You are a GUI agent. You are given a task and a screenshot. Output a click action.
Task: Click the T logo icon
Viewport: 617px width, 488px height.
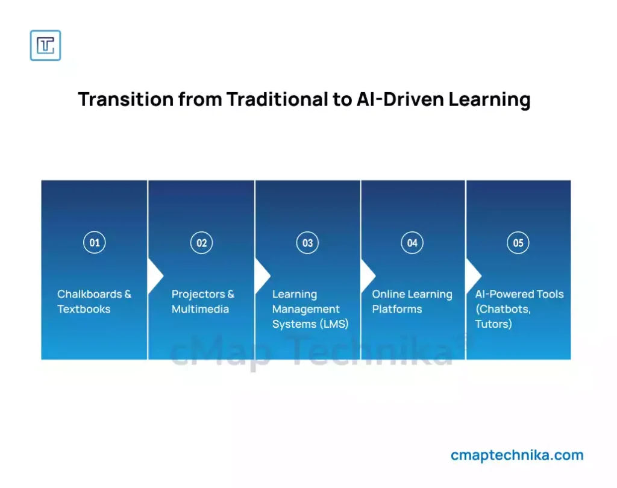pyautogui.click(x=45, y=45)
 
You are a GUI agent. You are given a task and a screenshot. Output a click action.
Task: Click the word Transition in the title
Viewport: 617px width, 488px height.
pyautogui.click(x=125, y=99)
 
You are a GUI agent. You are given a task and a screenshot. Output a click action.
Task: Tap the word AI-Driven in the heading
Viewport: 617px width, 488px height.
pyautogui.click(x=400, y=99)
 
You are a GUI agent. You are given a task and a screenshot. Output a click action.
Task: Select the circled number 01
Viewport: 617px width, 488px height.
pyautogui.click(x=95, y=242)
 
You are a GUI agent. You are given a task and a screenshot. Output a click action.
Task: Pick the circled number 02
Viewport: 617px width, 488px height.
pyautogui.click(x=201, y=243)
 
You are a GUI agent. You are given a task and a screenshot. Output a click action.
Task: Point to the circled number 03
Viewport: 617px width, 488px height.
pyautogui.click(x=307, y=243)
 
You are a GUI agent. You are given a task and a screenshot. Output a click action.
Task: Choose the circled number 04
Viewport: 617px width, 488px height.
pyautogui.click(x=412, y=243)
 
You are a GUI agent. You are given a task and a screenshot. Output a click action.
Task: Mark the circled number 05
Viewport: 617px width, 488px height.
pyautogui.click(x=518, y=243)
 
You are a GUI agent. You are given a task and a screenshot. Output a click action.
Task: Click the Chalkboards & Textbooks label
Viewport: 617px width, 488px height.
pyautogui.click(x=94, y=301)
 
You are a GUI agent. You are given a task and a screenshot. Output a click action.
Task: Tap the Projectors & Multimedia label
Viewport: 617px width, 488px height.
pyautogui.click(x=202, y=301)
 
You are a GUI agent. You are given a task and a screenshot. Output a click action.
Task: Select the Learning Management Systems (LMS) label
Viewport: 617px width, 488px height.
pyautogui.click(x=310, y=309)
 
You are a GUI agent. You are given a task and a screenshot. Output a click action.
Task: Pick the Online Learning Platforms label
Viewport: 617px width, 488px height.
pyautogui.click(x=412, y=301)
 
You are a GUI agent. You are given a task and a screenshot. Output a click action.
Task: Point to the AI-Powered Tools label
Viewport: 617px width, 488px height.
pyautogui.click(x=519, y=309)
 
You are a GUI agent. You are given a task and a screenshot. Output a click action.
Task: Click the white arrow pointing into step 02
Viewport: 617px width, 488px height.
pyautogui.click(x=155, y=276)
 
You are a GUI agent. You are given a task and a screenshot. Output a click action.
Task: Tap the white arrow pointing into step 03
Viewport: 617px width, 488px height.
pyautogui.click(x=262, y=276)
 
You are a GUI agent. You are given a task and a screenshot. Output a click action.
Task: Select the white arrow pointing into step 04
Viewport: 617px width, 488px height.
pyautogui.click(x=368, y=276)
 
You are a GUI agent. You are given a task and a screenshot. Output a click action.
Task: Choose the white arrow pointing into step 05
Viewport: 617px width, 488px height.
pyautogui.click(x=473, y=276)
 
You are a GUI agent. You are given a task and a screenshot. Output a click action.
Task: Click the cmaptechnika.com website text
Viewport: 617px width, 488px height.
pyautogui.click(x=517, y=455)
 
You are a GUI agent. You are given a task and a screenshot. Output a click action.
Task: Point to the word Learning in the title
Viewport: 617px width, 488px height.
pyautogui.click(x=489, y=99)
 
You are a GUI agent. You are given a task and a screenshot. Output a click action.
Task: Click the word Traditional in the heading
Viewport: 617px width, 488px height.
pyautogui.click(x=277, y=99)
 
